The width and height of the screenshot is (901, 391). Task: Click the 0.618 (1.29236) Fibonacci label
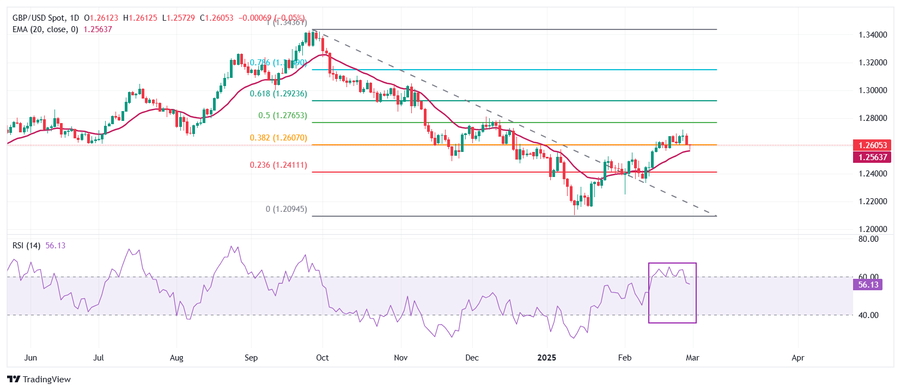[278, 94]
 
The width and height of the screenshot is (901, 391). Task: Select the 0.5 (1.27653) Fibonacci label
[282, 115]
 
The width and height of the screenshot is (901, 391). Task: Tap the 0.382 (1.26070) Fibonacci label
[278, 138]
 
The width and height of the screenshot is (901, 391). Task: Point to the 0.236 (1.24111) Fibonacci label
[278, 165]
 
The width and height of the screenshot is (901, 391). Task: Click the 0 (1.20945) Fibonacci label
[286, 209]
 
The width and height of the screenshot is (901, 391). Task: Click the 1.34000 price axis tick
[873, 35]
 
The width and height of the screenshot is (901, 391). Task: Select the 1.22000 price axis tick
[873, 201]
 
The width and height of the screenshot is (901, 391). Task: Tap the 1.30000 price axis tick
[873, 90]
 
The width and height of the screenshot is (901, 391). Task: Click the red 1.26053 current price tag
[873, 145]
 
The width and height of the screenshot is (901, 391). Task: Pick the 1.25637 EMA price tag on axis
[873, 157]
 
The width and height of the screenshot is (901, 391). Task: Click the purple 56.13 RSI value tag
[868, 285]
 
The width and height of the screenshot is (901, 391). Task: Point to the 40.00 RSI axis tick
[868, 315]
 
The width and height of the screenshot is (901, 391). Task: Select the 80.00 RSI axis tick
[868, 239]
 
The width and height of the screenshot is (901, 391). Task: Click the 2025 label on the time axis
[546, 358]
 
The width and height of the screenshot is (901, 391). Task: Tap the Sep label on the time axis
[251, 358]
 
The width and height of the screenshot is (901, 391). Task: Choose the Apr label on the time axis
[797, 358]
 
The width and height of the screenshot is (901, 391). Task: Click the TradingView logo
[39, 380]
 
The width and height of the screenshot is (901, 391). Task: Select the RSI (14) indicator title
[26, 246]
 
